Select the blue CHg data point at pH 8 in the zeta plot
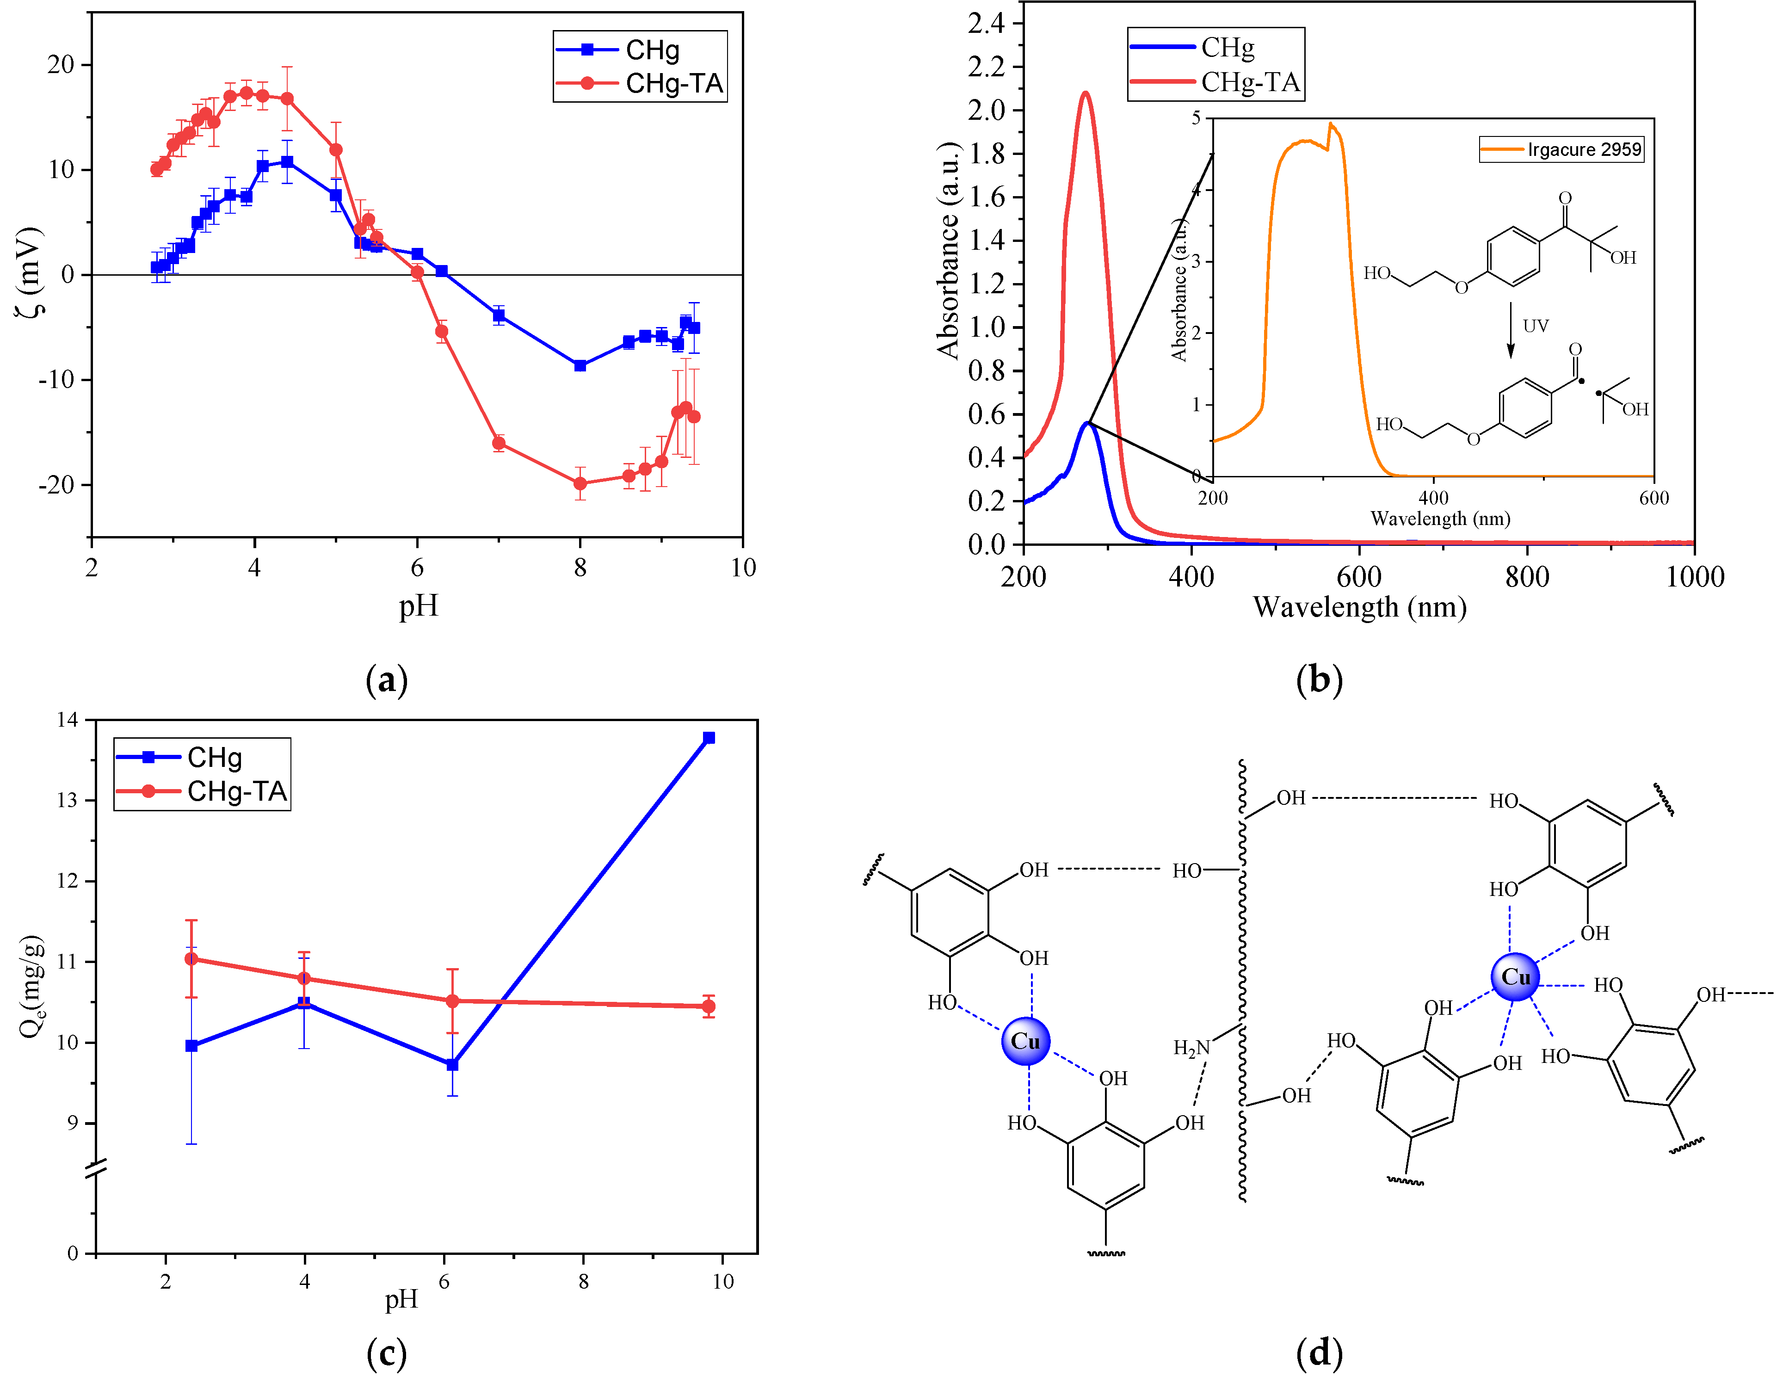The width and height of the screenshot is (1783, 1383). click(580, 366)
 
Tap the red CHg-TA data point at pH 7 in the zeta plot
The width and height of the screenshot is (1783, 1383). click(498, 443)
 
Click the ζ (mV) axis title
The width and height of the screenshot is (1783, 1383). click(30, 272)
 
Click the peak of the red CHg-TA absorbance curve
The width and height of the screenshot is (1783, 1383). click(1085, 93)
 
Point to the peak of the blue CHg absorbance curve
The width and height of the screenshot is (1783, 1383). click(1086, 423)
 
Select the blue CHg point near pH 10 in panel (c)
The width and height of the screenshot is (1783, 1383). click(709, 738)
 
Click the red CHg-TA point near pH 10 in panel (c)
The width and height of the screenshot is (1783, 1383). click(709, 1006)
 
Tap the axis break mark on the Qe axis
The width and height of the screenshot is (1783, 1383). click(96, 1169)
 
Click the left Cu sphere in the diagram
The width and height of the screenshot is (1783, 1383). click(1025, 1041)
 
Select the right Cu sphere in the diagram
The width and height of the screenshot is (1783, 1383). click(1515, 976)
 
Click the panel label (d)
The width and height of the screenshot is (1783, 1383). click(1319, 1353)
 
